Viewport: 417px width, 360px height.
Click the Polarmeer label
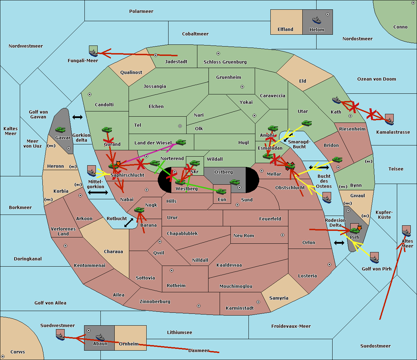pos(141,11)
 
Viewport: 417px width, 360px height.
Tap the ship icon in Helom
pos(317,20)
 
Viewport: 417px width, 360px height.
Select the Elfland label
pos(285,30)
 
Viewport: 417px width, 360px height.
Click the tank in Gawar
pos(60,130)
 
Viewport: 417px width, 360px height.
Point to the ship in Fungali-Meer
pos(93,52)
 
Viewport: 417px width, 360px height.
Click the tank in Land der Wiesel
pos(181,142)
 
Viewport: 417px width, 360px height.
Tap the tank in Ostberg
pos(235,182)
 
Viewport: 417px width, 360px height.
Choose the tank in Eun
pos(221,191)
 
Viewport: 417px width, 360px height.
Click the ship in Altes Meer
pos(406,232)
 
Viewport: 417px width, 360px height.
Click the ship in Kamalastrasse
pos(389,120)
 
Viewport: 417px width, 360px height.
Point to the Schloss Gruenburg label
pos(225,62)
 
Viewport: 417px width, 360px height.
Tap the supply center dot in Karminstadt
pos(258,302)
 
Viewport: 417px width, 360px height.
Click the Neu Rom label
pos(244,236)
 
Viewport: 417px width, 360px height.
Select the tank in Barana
pos(139,210)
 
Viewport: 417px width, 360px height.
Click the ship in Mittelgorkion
pos(92,171)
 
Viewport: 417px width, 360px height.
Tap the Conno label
pos(400,27)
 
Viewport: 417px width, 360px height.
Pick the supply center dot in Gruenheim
pos(242,87)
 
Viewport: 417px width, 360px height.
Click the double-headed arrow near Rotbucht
pos(129,223)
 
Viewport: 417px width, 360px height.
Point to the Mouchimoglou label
pos(236,286)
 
